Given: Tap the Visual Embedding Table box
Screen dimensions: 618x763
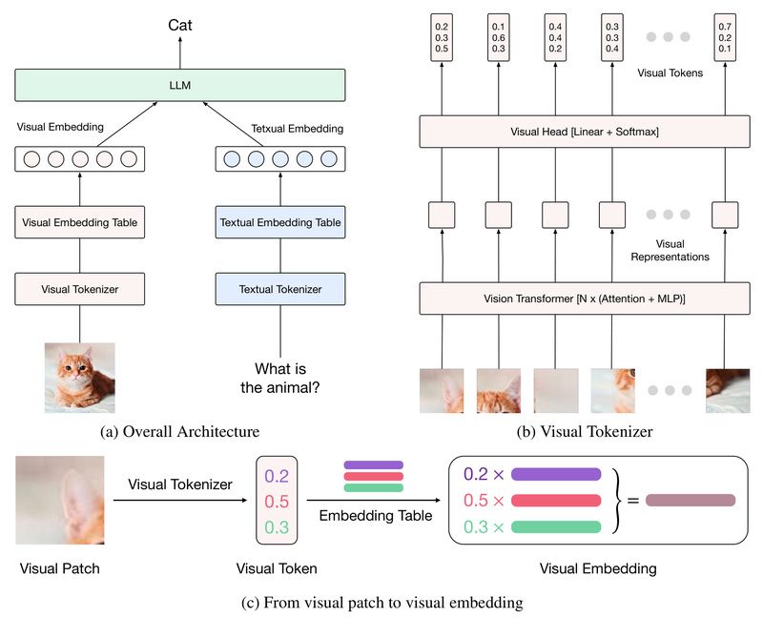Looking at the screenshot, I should click(79, 224).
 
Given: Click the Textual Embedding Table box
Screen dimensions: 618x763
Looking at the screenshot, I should click(280, 224).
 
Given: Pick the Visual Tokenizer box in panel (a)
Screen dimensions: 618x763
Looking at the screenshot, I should click(79, 287).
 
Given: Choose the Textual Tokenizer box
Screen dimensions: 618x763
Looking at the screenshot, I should click(280, 287).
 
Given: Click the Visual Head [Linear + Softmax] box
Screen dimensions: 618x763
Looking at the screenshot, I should click(581, 133).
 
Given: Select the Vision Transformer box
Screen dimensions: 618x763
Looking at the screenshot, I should click(581, 298).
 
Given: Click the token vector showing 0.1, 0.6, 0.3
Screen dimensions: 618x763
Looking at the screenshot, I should click(499, 37).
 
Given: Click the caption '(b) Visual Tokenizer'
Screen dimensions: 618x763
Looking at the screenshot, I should click(581, 432).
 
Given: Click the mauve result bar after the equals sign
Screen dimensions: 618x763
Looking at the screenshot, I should click(691, 500).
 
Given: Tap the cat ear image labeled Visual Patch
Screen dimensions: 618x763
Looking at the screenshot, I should click(59, 500).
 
